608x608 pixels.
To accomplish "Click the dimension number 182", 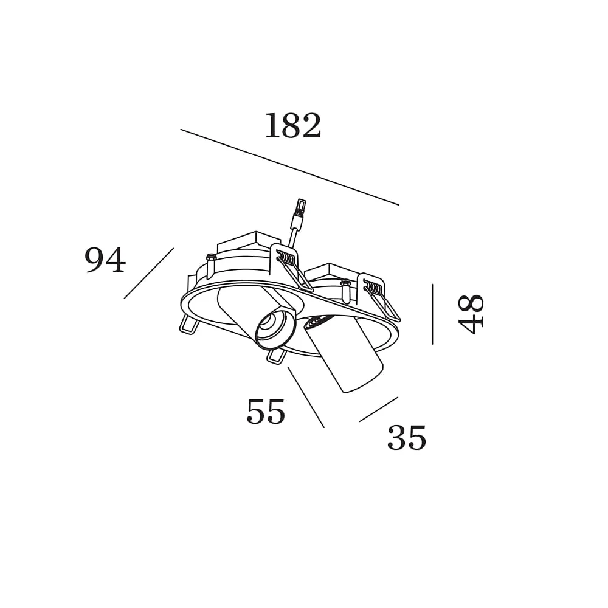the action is (293, 125).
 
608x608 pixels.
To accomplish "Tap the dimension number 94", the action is (105, 260).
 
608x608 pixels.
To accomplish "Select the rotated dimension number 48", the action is (471, 314).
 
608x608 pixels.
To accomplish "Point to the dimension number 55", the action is (266, 412).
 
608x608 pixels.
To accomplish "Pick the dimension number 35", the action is (407, 437).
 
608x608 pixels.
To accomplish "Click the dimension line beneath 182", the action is (289, 167).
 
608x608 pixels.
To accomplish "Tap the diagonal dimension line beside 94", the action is (149, 274).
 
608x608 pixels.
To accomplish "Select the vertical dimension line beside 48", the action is (432, 314).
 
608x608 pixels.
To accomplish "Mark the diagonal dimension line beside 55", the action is (306, 397).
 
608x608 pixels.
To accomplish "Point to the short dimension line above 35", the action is (379, 409).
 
